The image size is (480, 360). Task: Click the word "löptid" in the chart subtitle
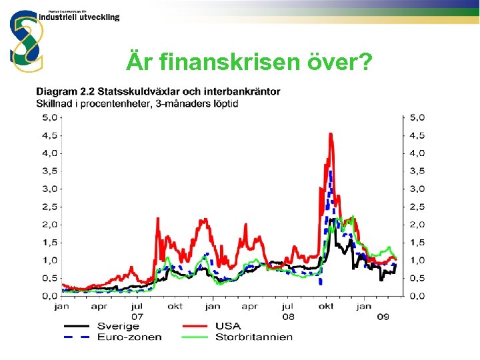coord(223,103)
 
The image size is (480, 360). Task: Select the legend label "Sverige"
coord(117,326)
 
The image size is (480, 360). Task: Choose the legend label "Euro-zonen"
coord(129,337)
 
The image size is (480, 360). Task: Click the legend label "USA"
coord(229,326)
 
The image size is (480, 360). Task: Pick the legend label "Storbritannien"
coord(253,337)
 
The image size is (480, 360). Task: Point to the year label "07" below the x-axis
coord(137,317)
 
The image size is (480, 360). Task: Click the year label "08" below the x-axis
coord(288,317)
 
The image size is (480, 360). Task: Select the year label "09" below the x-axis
coord(383,317)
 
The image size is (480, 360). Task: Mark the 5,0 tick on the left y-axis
coord(49,117)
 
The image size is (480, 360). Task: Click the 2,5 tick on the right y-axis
coord(417,207)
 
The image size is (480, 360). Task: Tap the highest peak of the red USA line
coord(331,134)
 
